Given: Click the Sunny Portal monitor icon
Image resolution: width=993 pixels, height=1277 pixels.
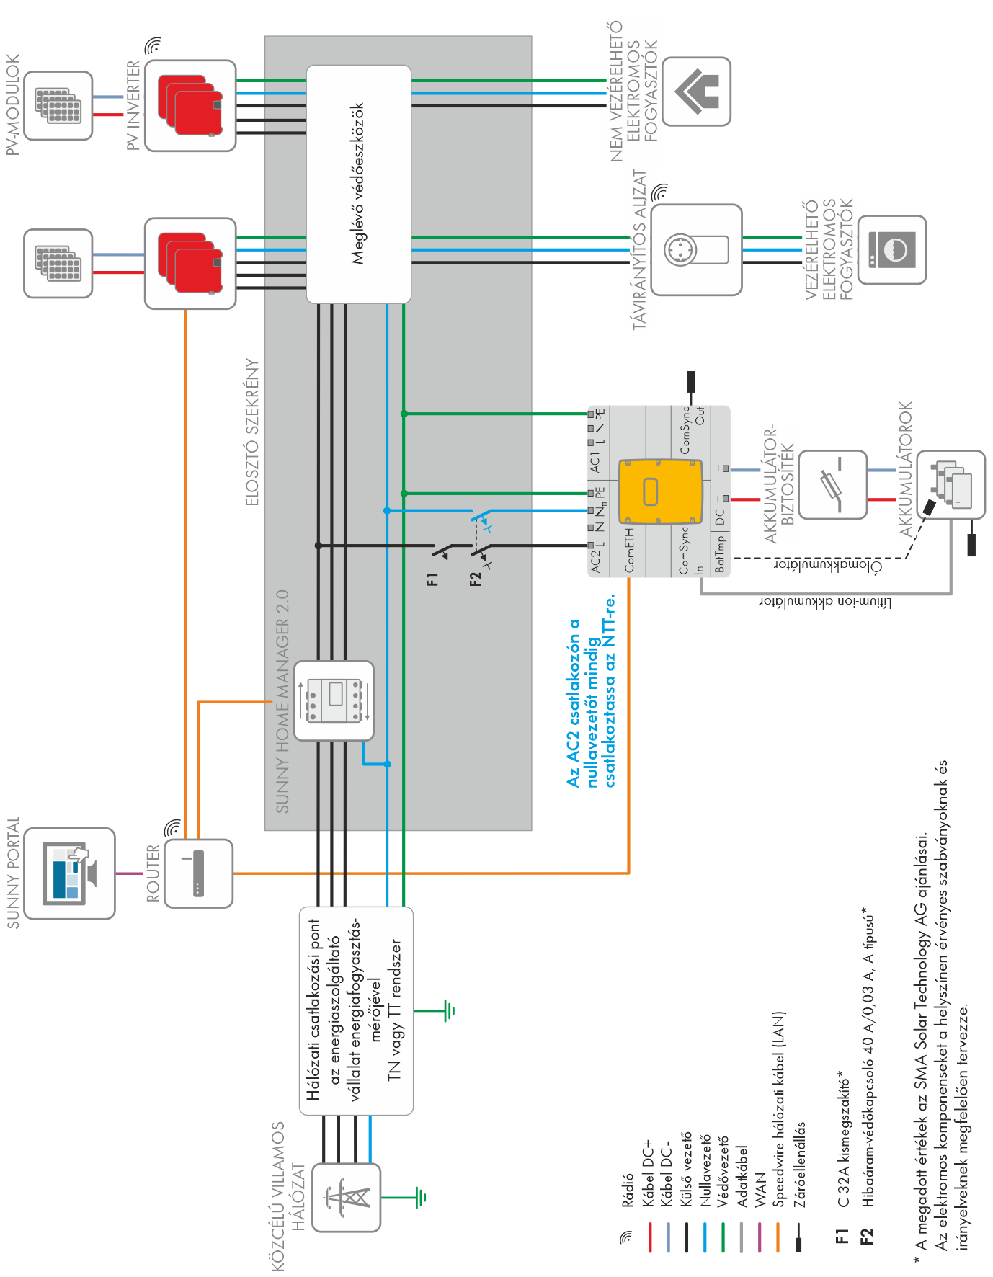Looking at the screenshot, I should tap(70, 873).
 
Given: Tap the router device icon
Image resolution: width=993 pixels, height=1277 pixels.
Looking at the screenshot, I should tap(198, 873).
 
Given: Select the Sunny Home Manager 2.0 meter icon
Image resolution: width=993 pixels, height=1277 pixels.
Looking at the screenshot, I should tap(334, 700).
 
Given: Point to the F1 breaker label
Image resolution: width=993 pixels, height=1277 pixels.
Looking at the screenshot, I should tap(432, 579).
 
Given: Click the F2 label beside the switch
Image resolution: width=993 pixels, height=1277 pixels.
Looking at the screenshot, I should tap(476, 579).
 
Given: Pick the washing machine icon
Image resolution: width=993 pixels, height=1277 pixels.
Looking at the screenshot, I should tap(892, 249).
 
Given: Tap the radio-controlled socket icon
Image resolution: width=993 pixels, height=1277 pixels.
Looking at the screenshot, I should tap(696, 249).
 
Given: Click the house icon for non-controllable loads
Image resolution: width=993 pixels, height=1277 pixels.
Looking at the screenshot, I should tap(696, 92).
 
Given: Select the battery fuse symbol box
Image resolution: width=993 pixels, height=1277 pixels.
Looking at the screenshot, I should tap(833, 485).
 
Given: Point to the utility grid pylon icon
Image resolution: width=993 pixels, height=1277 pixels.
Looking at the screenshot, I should tap(347, 1197).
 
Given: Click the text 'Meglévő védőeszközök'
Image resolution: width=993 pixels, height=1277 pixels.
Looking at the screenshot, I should tap(358, 184).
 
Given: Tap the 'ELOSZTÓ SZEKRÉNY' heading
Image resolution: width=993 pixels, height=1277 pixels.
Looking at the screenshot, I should tap(252, 432).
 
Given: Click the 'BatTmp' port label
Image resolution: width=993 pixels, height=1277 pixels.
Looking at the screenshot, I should tap(720, 554).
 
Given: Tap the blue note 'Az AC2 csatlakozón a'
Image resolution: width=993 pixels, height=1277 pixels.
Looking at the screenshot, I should tap(574, 703).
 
